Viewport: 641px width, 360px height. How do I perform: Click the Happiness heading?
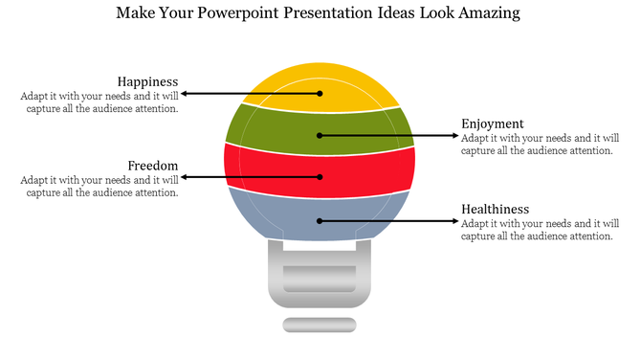coord(147,81)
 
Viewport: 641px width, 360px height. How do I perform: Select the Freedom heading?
coord(153,165)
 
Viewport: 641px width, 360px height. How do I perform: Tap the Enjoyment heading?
coord(493,124)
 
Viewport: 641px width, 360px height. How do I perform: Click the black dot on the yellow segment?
coord(320,94)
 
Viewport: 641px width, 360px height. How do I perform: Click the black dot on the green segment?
coord(320,136)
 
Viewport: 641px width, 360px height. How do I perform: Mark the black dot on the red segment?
coord(320,177)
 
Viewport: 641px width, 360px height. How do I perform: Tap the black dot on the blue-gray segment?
coord(320,221)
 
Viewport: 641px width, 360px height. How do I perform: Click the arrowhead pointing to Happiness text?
coord(186,94)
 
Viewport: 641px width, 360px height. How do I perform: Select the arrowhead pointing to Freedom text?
coord(186,177)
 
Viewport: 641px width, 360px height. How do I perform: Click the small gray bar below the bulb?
coord(320,325)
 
